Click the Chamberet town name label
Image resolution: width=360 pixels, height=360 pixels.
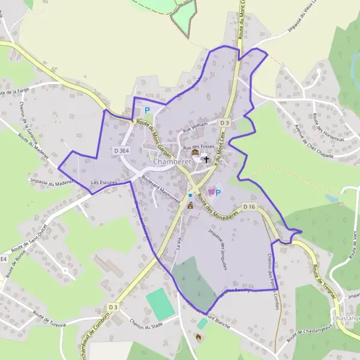pos(173,162)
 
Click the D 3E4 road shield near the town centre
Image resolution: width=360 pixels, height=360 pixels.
pos(121,152)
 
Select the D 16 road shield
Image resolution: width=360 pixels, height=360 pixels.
pos(250,207)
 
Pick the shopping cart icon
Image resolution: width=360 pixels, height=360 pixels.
pos(211,192)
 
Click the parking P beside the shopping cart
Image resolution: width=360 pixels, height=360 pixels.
pos(218,192)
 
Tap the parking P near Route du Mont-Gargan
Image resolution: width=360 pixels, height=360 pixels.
pos(148,110)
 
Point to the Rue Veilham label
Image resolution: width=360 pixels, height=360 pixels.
pos(195,127)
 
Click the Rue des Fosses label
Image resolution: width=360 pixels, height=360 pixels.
pos(199,147)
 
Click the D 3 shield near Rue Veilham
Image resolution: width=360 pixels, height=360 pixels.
pos(225,122)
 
